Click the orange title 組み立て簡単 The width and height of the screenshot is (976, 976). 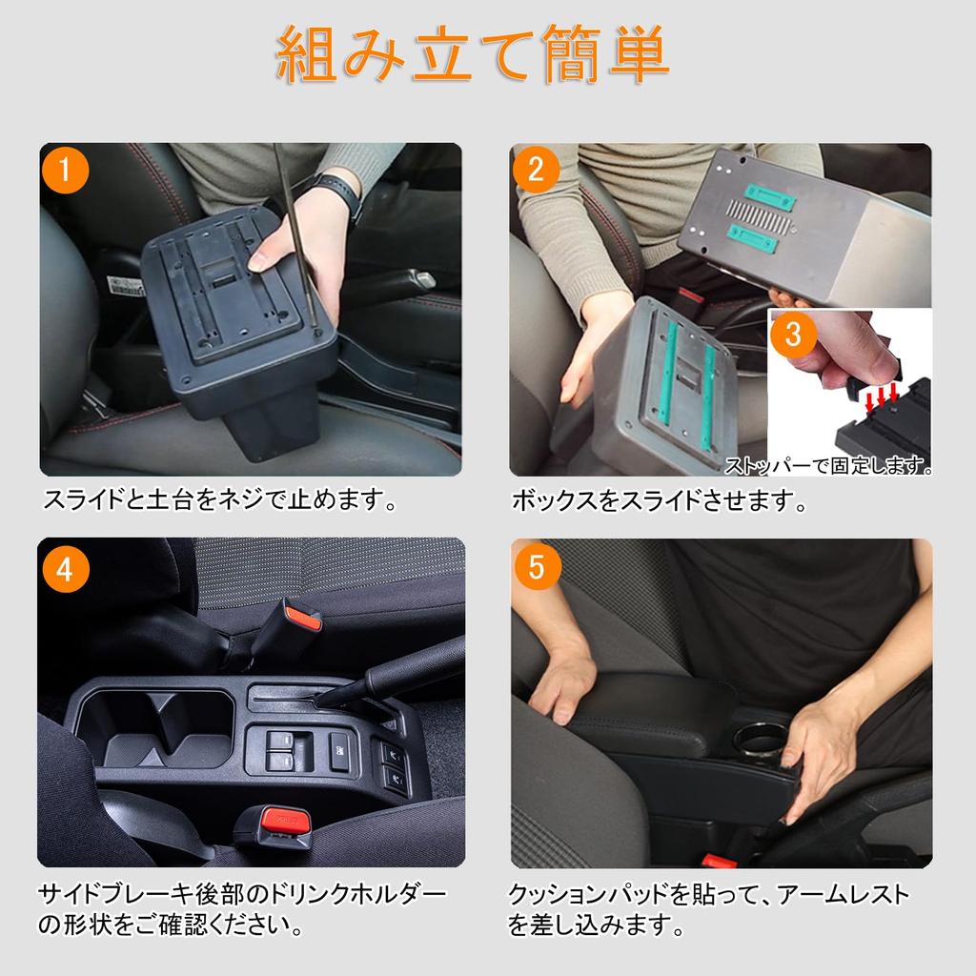click(x=473, y=54)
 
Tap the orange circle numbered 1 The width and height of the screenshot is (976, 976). click(x=66, y=170)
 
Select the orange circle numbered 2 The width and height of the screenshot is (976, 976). click(x=537, y=170)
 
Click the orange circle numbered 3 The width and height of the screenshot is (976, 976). click(x=793, y=335)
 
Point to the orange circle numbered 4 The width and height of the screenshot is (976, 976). click(x=66, y=570)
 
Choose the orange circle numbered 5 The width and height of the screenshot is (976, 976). click(x=537, y=567)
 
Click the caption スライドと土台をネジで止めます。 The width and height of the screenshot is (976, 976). click(x=220, y=499)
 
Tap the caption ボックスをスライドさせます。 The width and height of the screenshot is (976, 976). click(x=659, y=500)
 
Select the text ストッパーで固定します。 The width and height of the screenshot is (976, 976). click(x=828, y=464)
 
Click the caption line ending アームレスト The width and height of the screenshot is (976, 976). click(x=709, y=894)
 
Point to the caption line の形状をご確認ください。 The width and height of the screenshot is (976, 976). click(x=171, y=925)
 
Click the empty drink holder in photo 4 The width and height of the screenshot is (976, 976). click(x=157, y=727)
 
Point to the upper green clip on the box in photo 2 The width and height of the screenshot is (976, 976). click(x=769, y=196)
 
